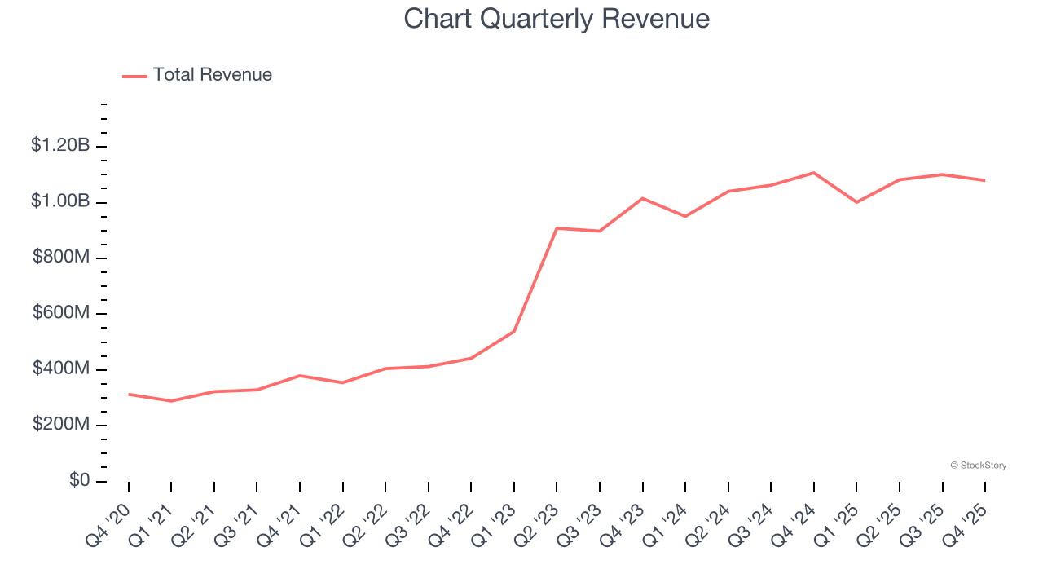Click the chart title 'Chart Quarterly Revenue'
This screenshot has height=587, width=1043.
[557, 19]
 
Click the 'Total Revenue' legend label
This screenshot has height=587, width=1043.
[212, 75]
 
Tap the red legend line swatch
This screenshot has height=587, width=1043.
[134, 76]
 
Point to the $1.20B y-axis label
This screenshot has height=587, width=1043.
[60, 146]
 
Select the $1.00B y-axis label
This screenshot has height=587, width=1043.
[60, 201]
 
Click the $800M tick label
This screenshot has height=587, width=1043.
[61, 258]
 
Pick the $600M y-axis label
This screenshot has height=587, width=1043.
[61, 314]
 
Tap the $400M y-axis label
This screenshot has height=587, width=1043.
[61, 369]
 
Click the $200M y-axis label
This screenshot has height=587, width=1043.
[61, 425]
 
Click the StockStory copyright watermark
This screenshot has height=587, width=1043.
[978, 466]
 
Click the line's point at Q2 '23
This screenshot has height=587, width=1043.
[557, 228]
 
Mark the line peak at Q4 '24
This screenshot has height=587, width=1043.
[813, 173]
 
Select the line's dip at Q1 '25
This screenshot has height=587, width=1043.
[856, 202]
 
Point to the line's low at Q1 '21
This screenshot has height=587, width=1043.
[171, 401]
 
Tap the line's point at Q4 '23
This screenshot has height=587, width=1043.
[642, 198]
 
